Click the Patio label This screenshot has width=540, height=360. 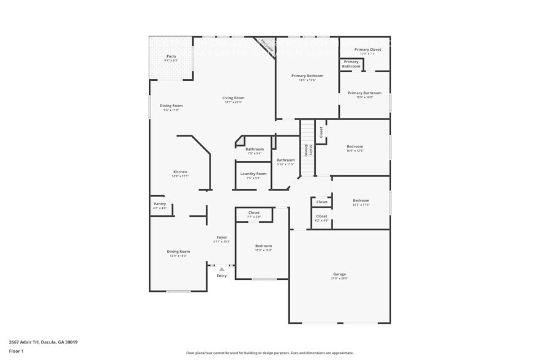coord(171,56)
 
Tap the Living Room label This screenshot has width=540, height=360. coord(233,98)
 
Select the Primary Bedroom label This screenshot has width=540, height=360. coord(307,75)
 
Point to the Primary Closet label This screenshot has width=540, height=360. coord(367,49)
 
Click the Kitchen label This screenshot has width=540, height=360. coord(180,172)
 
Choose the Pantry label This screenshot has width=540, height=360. coord(159,204)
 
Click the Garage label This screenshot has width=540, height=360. coord(340,274)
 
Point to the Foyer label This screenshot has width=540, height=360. coord(222,238)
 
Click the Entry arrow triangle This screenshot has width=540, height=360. coord(222,269)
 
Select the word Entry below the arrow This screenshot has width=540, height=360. coord(222,276)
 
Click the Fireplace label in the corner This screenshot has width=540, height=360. coord(266,44)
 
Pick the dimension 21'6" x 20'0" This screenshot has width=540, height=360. coord(340,279)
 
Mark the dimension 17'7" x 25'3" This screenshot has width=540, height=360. coord(233,102)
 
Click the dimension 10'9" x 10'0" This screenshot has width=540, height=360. coord(364,97)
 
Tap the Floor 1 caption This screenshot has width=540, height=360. coord(17,351)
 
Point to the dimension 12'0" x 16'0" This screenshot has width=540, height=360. coord(179,256)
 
